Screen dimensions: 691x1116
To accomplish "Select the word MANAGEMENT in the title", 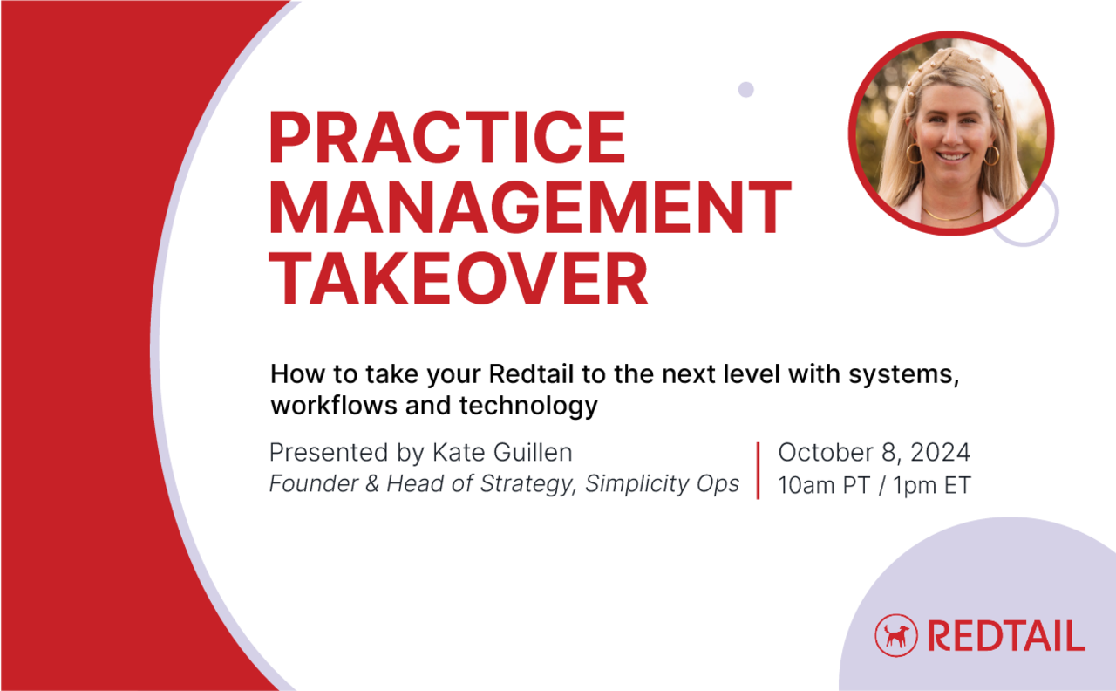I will point(530,209).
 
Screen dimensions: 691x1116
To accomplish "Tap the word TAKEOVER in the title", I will point(459,279).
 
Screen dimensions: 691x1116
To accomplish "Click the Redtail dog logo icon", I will point(896,633).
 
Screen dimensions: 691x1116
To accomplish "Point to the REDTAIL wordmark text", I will point(1006,634).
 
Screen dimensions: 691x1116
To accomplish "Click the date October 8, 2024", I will point(874,453).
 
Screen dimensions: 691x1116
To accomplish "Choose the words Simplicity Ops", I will point(662,485).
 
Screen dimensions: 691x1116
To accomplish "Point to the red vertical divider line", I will point(758,470).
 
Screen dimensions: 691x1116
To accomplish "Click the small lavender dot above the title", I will point(745,89).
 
